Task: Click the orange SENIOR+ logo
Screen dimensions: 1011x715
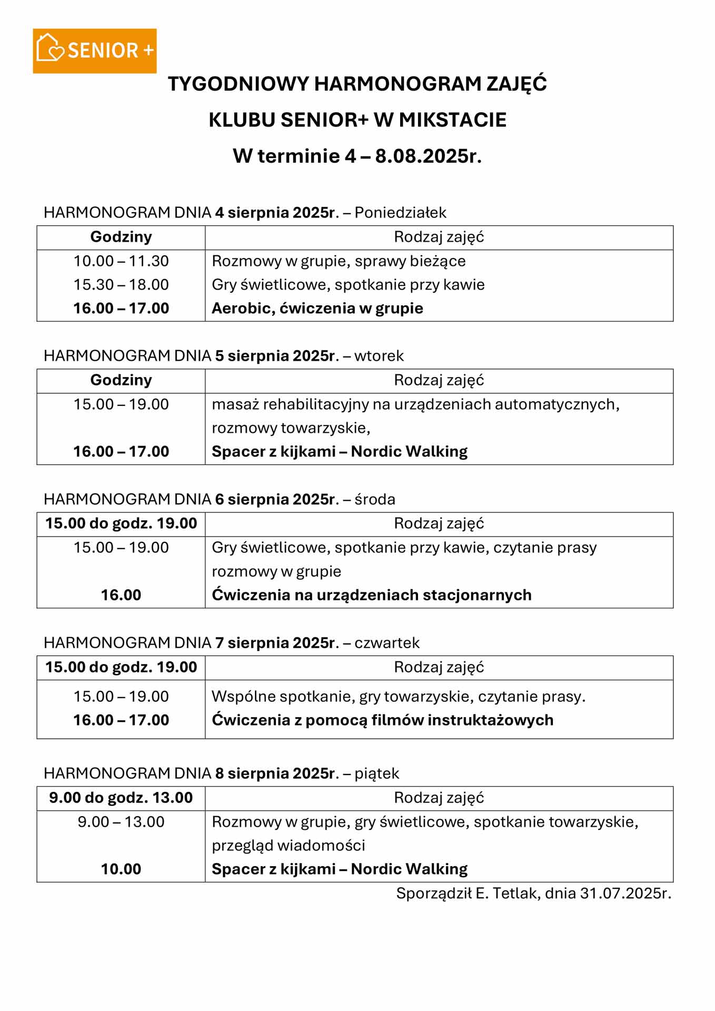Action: coord(95,51)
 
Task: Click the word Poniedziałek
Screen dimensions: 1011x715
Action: coord(400,213)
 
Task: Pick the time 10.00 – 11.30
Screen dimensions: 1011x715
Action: coord(121,261)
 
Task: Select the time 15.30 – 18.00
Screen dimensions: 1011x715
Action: coord(121,285)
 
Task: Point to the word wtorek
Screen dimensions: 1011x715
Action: coord(379,356)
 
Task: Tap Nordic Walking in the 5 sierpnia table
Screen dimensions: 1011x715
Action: coord(409,452)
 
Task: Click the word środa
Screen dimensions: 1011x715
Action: coord(375,499)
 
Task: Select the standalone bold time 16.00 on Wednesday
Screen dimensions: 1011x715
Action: coord(121,595)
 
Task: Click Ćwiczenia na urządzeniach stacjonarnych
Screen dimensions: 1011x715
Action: coord(371,595)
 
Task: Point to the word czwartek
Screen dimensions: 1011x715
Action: coord(387,643)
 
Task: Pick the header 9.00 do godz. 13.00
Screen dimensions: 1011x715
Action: coord(121,798)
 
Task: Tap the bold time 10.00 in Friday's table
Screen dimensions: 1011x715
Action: coord(121,869)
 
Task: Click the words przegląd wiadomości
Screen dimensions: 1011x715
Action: coord(288,845)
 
